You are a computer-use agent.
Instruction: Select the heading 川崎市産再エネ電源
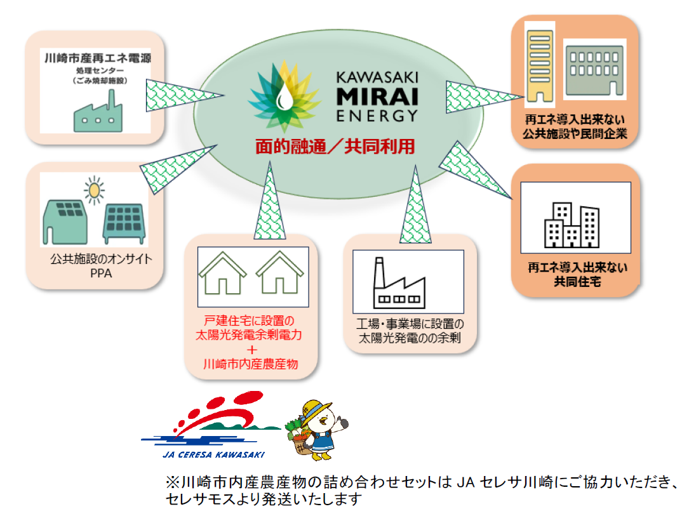[x=97, y=59]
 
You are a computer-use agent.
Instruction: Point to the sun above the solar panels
[x=95, y=189]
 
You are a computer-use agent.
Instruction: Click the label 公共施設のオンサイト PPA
[x=96, y=267]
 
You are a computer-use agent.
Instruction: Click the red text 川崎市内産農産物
[x=250, y=364]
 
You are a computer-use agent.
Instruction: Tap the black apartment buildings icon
[x=572, y=225]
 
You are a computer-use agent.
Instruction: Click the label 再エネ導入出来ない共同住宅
[x=576, y=274]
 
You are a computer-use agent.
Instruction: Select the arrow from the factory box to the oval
[x=416, y=202]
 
